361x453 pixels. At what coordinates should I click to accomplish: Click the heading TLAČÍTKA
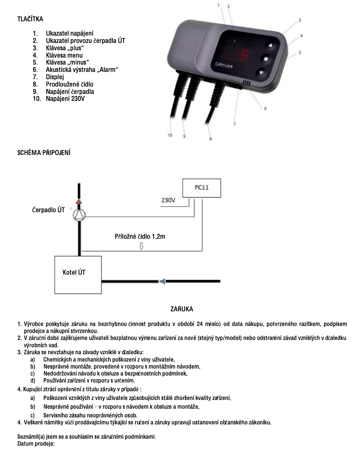pos(30,19)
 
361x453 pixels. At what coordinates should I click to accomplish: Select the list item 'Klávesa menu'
pos(64,55)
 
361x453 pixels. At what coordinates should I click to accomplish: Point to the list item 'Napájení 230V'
pos(65,99)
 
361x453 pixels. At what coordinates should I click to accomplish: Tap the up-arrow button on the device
pos(271,45)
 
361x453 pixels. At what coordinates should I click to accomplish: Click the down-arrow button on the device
pos(262,73)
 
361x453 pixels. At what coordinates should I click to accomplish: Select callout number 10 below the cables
pos(170,135)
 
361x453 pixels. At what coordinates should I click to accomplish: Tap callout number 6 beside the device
pos(265,109)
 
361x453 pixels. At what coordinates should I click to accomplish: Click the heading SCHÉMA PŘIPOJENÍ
pos(44,153)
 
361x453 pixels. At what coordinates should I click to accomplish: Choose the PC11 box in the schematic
pos(201,187)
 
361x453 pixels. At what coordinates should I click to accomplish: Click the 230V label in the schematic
pos(168,201)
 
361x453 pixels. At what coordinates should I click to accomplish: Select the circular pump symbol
pos(79,214)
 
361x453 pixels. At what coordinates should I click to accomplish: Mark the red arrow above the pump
pos(79,201)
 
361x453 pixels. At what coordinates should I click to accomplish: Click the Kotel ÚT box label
pos(74,272)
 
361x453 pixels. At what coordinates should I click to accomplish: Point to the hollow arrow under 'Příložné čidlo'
pos(141,246)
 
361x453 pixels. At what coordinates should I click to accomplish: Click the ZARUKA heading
pos(182,309)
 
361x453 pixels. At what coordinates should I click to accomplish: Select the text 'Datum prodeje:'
pos(36,444)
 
